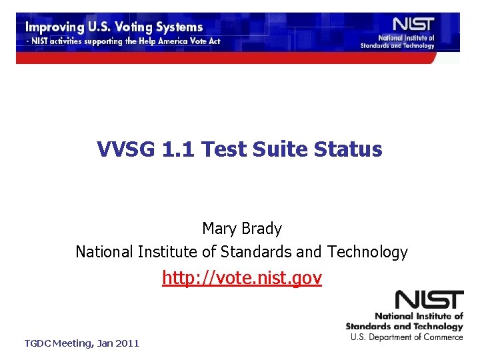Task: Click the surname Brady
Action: (262, 229)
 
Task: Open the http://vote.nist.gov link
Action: (241, 278)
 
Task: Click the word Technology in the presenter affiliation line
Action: (367, 252)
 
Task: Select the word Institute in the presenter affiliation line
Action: (174, 252)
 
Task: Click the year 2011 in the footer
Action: (127, 343)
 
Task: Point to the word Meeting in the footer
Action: (71, 343)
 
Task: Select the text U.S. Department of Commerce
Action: (407, 337)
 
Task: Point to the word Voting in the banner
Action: (136, 28)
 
